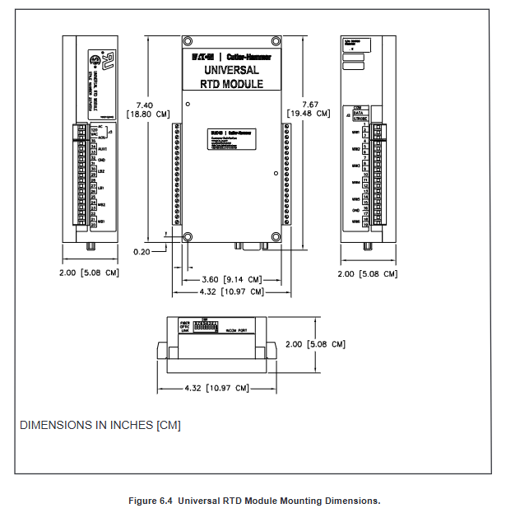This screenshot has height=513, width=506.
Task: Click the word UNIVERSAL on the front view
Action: point(231,72)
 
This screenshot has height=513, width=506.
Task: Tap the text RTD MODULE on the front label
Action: point(231,84)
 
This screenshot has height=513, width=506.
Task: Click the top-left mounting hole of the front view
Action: point(188,41)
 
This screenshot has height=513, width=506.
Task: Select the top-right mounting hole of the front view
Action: point(276,41)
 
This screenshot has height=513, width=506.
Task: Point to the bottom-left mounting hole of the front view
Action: point(188,237)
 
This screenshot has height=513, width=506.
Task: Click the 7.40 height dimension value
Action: point(144,105)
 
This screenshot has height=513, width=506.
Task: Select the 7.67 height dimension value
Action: point(310,105)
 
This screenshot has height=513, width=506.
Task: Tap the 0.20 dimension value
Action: point(141,252)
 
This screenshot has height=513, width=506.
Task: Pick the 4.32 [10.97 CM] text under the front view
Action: point(233,291)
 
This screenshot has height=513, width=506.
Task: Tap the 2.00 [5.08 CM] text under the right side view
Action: point(368,273)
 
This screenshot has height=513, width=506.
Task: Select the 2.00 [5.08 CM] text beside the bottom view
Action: point(314,344)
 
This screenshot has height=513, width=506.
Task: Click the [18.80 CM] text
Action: point(148,114)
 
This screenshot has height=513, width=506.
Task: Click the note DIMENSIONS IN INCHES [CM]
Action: point(100,425)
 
